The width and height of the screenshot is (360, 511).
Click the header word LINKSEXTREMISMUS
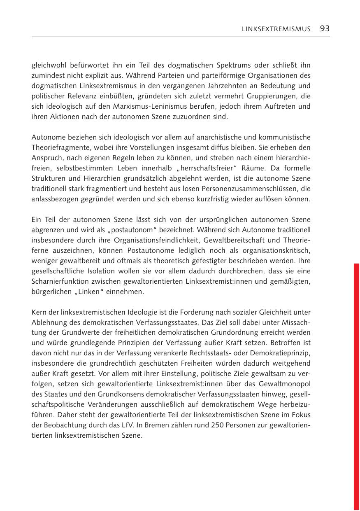[x=276, y=29]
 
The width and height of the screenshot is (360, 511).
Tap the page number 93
[x=325, y=28]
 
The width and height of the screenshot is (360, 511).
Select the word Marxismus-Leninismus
[x=129, y=107]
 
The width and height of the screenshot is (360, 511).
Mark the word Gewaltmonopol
[x=285, y=384]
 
